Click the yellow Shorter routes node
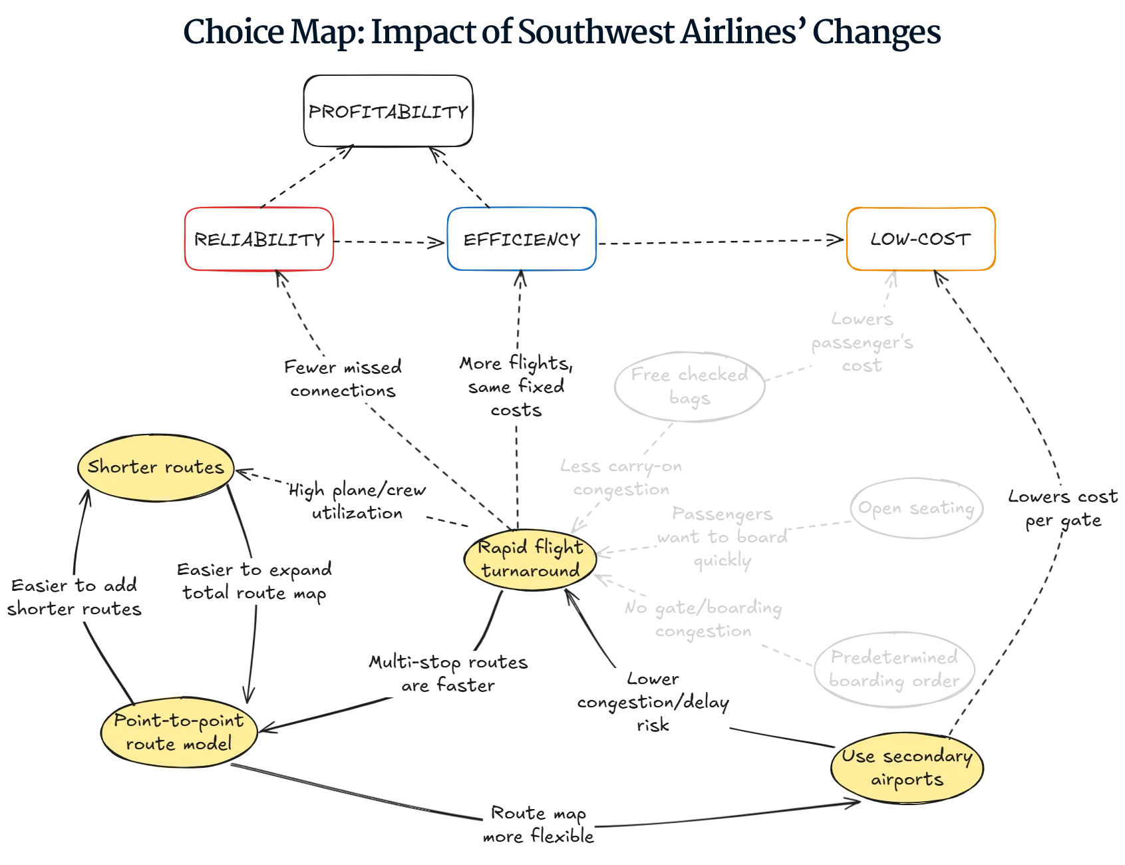tap(156, 467)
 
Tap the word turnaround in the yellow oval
tap(530, 571)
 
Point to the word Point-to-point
tap(178, 721)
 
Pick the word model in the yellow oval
tap(208, 744)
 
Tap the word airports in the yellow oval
tap(907, 780)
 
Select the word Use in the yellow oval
tap(858, 757)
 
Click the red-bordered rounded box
tap(257, 239)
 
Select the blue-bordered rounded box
tap(522, 239)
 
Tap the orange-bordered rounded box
tap(921, 239)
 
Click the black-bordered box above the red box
tap(389, 112)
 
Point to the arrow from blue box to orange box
tap(719, 241)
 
